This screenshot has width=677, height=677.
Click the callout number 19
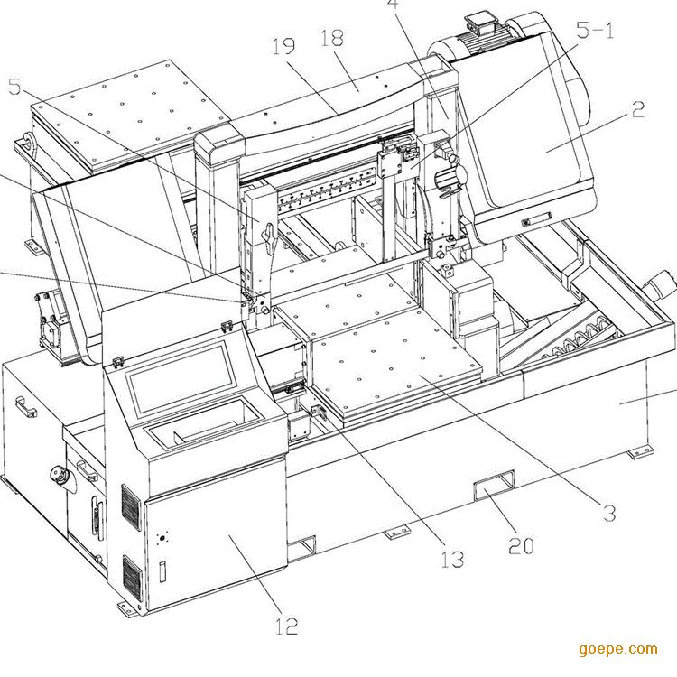284,46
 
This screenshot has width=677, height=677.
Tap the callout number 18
333,38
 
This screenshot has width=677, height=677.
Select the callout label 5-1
595,30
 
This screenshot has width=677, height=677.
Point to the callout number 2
637,110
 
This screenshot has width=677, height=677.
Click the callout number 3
609,513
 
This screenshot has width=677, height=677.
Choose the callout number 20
521,544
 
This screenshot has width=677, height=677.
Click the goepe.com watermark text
618,648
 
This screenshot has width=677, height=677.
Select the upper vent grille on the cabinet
131,510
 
